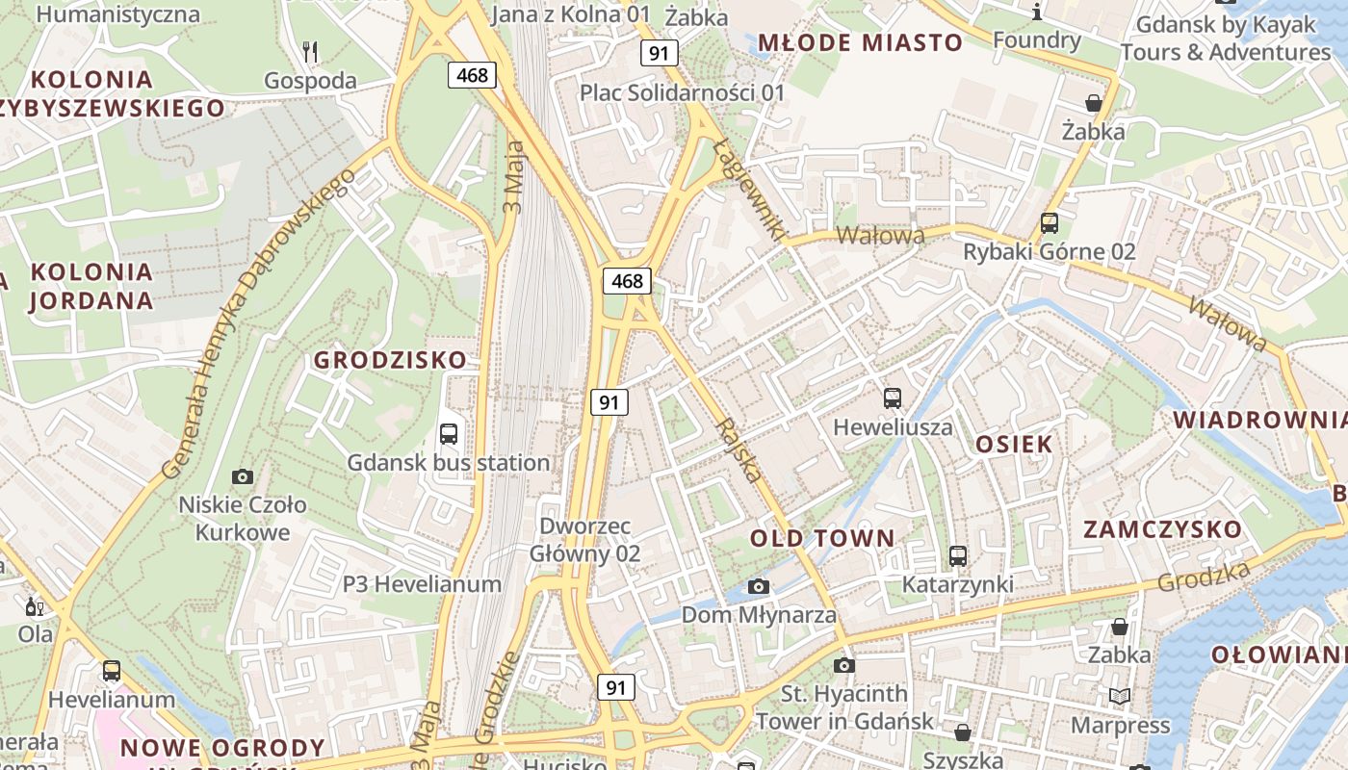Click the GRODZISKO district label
(390, 360)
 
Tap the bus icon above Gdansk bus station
(449, 433)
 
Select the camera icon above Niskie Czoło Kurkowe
(243, 476)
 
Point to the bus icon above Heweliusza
(893, 398)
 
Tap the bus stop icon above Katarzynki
(957, 555)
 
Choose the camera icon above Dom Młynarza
(759, 586)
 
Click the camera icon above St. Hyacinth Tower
(844, 665)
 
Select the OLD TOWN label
(822, 538)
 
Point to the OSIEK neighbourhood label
(1014, 444)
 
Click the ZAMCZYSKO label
(1162, 529)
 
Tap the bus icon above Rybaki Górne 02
(1050, 223)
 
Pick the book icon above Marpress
(1119, 696)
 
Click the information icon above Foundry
(1036, 12)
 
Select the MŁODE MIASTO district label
(860, 42)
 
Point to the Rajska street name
(740, 450)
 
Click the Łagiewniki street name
(750, 188)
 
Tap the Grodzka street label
(1204, 577)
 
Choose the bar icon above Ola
(35, 606)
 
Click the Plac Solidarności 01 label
(682, 93)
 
